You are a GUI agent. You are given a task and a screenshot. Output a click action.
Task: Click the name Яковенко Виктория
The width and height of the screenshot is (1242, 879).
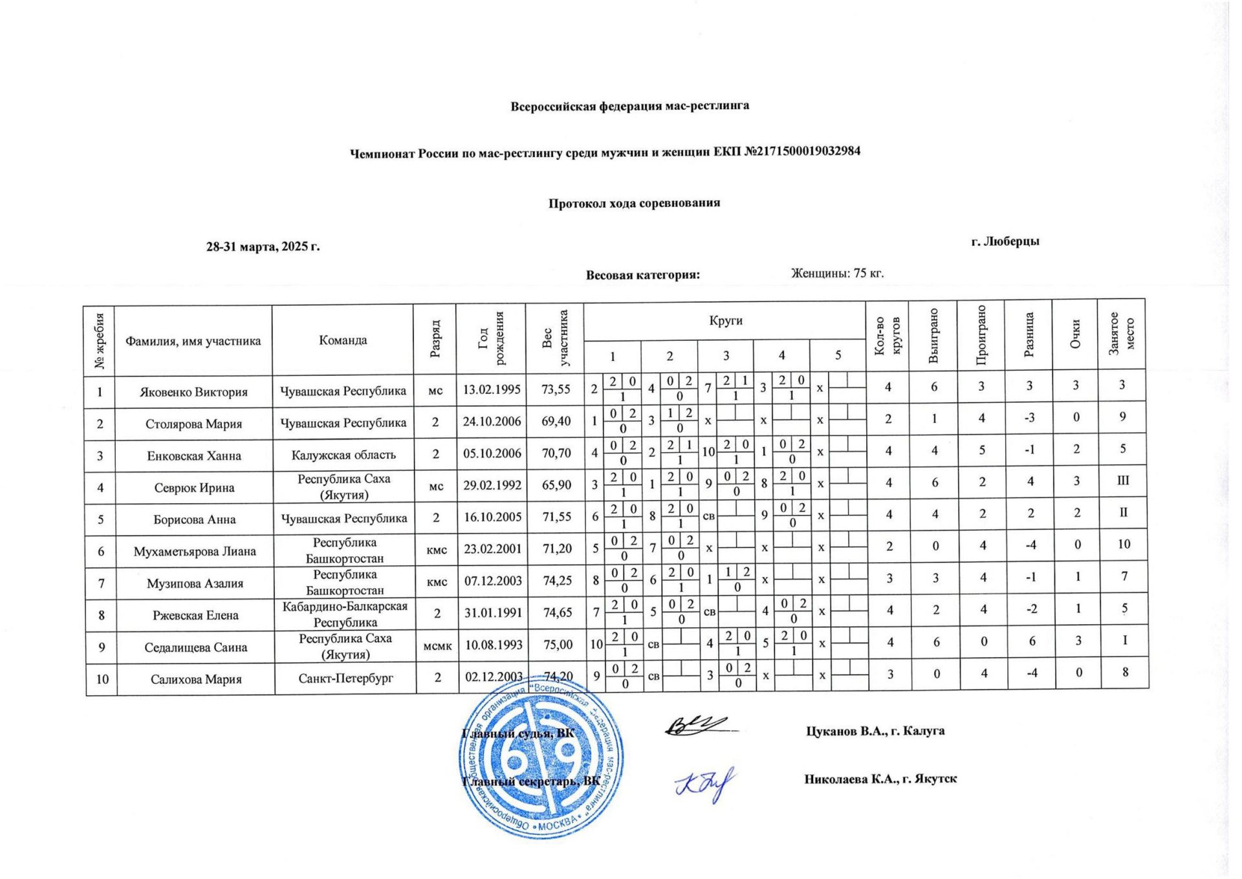[x=193, y=392]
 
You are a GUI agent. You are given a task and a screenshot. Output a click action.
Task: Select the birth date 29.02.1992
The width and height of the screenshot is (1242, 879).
[x=492, y=485]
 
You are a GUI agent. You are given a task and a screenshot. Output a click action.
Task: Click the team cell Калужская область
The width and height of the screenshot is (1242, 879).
[x=343, y=455]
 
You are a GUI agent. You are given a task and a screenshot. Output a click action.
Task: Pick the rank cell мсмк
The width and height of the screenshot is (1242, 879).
[x=437, y=645]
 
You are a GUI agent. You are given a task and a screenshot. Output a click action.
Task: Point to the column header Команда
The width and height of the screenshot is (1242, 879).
[x=343, y=340]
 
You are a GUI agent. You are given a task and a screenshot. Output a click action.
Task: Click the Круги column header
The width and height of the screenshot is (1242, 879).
[x=725, y=321]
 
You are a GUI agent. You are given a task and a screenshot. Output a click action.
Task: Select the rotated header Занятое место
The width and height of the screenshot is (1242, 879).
[x=1122, y=334]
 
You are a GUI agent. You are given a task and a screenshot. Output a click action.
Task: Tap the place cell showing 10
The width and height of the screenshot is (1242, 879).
[x=1124, y=544]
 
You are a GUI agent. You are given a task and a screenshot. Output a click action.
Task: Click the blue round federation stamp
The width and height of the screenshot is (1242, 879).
[x=542, y=766]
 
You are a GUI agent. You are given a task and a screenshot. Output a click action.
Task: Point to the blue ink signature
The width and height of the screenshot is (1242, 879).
[x=706, y=784]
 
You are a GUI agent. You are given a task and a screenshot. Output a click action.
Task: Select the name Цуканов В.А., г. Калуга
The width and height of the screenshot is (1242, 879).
[x=875, y=731]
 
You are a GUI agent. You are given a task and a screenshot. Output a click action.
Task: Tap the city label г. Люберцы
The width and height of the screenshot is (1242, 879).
[x=1005, y=241]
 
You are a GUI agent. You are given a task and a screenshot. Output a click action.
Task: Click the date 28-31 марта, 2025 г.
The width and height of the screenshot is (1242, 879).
[x=263, y=246]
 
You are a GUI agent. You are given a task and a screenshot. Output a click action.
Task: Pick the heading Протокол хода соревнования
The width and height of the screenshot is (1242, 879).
[x=634, y=203]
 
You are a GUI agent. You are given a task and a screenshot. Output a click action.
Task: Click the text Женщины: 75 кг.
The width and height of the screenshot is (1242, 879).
[x=837, y=273]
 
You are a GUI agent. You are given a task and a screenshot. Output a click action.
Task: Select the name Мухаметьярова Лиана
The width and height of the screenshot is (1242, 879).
[x=195, y=552]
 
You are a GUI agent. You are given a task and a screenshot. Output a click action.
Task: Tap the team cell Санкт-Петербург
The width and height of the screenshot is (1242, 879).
[x=345, y=678]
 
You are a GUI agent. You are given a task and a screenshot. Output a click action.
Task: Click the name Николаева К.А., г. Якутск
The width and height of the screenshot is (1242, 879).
[x=880, y=779]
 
